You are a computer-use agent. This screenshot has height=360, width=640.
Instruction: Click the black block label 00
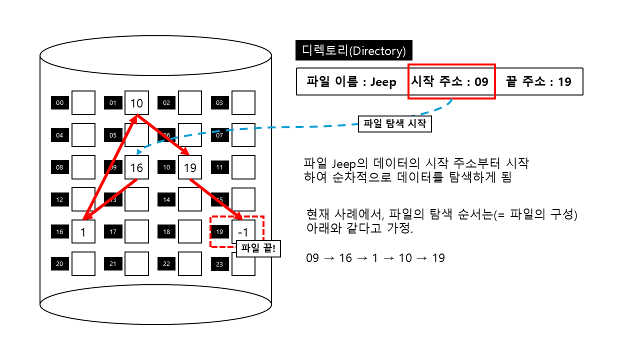(x=60, y=103)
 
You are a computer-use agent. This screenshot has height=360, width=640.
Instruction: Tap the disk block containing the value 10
(x=136, y=103)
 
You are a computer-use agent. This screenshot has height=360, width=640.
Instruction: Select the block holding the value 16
(x=136, y=167)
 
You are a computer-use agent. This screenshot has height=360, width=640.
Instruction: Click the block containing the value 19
(x=190, y=167)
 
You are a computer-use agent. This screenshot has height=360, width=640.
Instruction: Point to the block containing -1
(x=243, y=232)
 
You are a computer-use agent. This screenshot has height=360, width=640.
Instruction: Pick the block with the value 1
(x=83, y=232)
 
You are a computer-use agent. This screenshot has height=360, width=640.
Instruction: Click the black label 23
(x=219, y=264)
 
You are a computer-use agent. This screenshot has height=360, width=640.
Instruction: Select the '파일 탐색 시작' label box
(x=394, y=123)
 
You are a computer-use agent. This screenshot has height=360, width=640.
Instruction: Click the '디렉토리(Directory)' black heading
(x=354, y=50)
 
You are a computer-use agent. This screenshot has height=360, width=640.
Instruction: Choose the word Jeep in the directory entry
(x=383, y=81)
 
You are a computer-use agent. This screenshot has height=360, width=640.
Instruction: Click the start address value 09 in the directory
(x=481, y=81)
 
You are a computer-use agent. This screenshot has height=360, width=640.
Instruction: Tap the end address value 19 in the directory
(x=564, y=81)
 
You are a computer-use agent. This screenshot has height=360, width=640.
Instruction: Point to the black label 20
(x=60, y=264)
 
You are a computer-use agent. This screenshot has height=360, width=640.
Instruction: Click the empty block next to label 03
(x=243, y=103)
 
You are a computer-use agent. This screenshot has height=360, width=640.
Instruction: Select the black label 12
(x=60, y=200)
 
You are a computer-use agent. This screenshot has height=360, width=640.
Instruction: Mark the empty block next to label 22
(x=190, y=264)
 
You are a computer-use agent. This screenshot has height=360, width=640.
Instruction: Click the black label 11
(x=219, y=167)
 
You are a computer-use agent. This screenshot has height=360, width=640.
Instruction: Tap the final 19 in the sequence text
(x=438, y=258)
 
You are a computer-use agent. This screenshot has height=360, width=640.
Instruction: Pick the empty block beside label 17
(x=136, y=232)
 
